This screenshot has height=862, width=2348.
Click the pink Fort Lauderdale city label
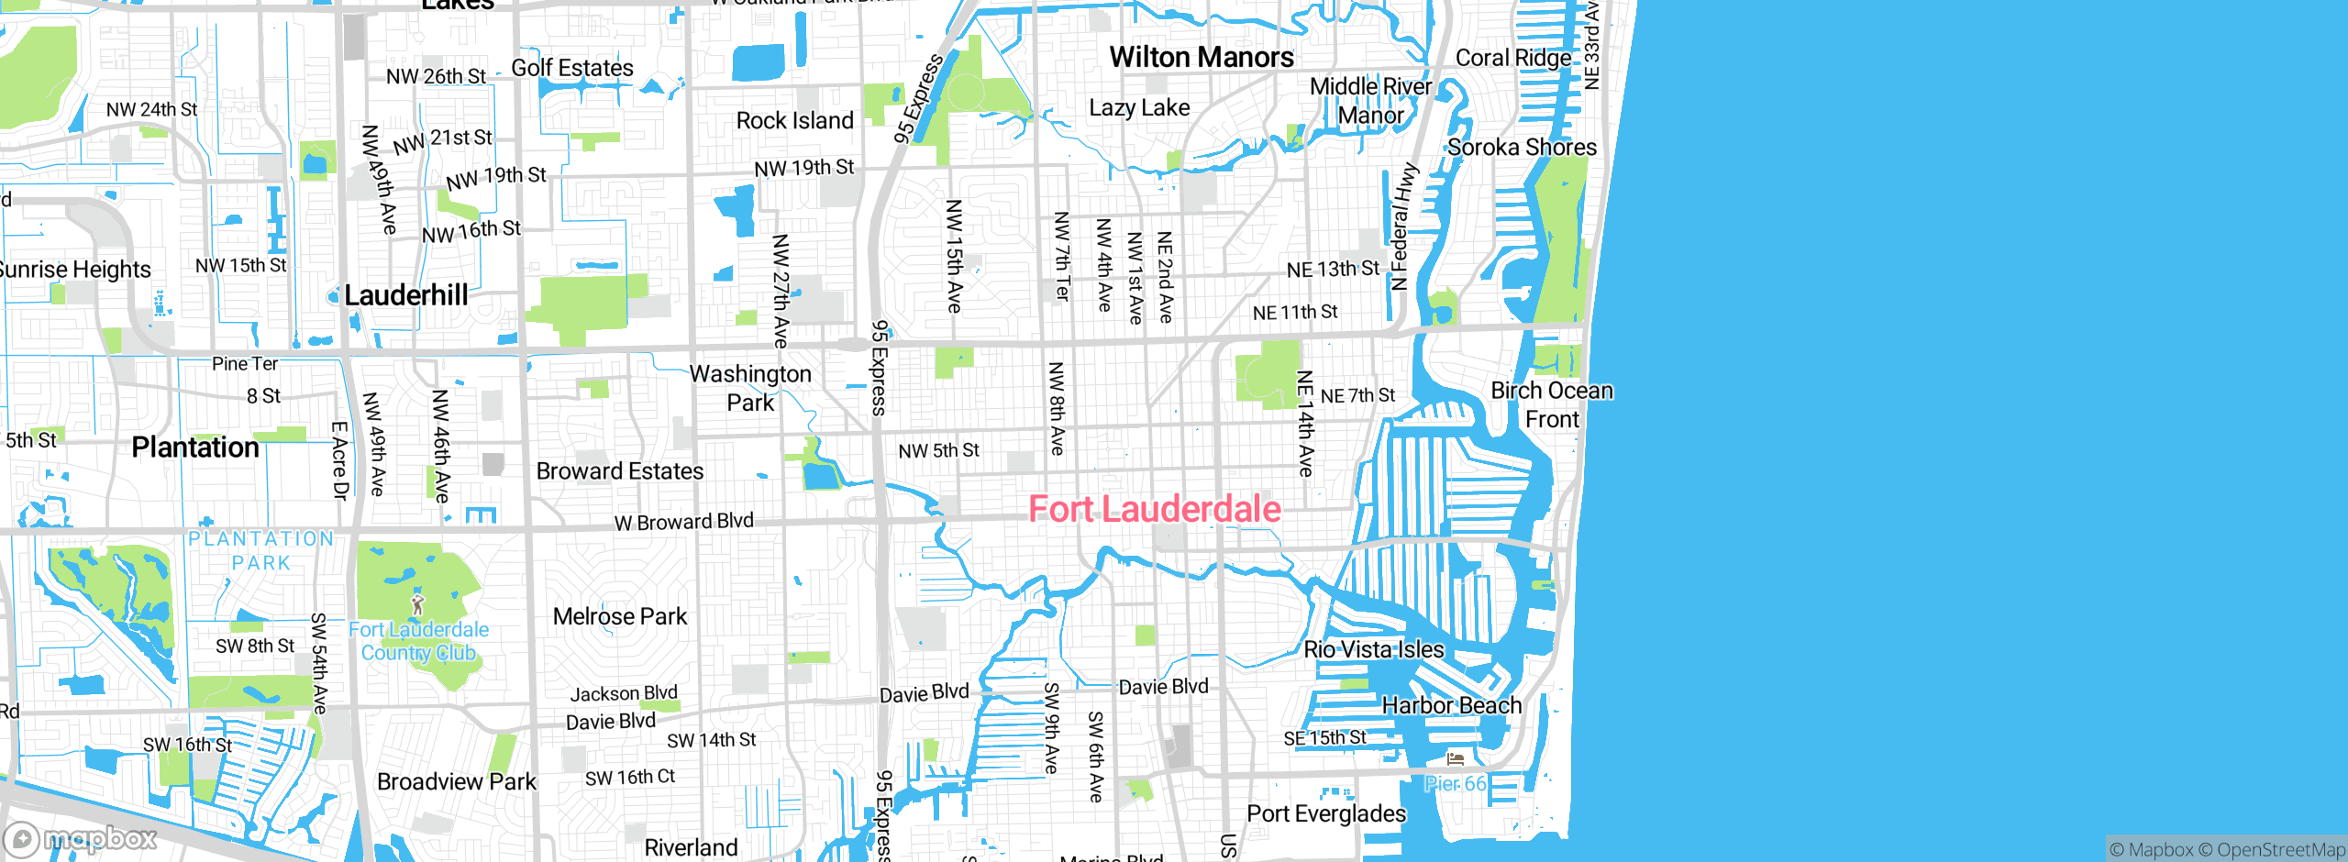pos(1154,509)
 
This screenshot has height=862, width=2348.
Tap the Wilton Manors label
pos(1202,58)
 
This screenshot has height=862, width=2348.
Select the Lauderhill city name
pos(405,295)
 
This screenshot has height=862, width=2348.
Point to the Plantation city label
pos(195,448)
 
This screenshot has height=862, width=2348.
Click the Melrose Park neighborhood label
pos(620,617)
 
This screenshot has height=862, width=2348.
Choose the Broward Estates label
pos(620,471)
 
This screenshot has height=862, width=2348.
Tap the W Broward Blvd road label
pos(683,523)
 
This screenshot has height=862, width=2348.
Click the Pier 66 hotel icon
pos(1456,759)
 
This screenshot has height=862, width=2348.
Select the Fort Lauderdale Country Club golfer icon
pos(418,604)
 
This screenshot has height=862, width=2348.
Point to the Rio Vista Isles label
pos(1373,650)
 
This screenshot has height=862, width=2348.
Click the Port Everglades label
pos(1326,814)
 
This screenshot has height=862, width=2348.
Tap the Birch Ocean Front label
pos(1552,405)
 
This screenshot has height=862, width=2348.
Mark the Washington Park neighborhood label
pos(750,388)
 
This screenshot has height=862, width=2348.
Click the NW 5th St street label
pos(938,451)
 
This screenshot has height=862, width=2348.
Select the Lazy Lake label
pos(1139,108)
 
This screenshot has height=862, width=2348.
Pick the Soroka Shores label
pos(1522,148)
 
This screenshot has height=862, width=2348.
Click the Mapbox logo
pos(81,839)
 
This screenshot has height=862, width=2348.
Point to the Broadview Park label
pos(457,782)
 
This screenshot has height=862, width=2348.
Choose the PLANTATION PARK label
pos(261,550)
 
